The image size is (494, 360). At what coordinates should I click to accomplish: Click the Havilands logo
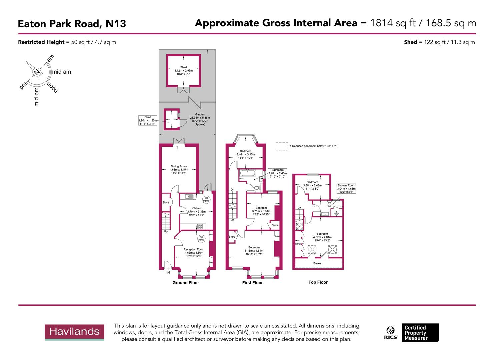[x=74, y=332]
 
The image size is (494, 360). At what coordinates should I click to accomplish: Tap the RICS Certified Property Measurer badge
[x=412, y=332]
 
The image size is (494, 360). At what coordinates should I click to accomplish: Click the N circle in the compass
[x=37, y=72]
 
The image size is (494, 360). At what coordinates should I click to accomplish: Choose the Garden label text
[x=200, y=119]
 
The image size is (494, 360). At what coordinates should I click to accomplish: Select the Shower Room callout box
[x=346, y=189]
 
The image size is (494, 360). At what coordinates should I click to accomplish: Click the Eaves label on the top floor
[x=317, y=263]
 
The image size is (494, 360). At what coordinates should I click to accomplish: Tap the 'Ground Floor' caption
[x=186, y=283]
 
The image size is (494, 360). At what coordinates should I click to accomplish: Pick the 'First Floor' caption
[x=252, y=283]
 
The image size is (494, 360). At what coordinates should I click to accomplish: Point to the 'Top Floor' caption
[x=318, y=282]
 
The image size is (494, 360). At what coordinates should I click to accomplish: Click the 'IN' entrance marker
[x=168, y=273]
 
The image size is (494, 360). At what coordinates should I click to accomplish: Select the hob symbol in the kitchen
[x=200, y=227]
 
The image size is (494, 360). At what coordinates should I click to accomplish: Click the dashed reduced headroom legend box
[x=282, y=146]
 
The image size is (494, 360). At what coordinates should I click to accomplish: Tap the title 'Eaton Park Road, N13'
[x=72, y=24]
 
